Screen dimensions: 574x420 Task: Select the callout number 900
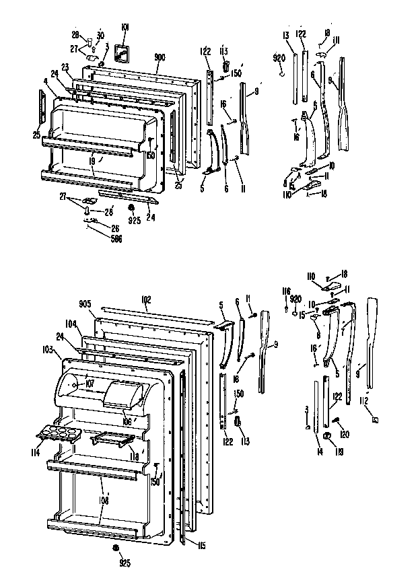160,57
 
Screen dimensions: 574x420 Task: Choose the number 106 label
127,421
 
